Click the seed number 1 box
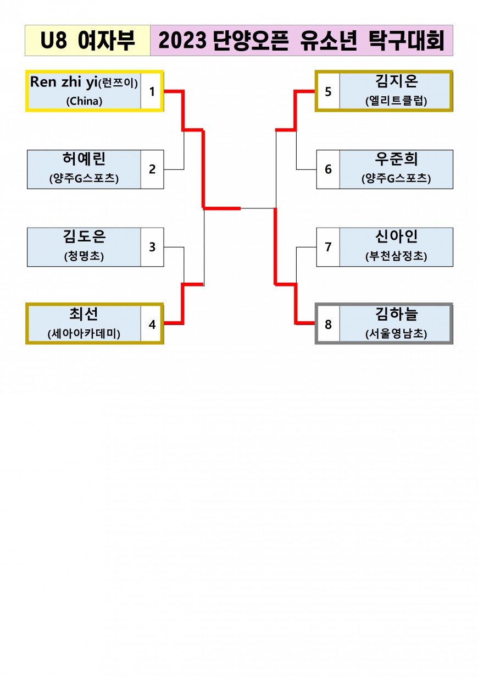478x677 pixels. [x=152, y=91]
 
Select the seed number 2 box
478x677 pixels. [x=152, y=169]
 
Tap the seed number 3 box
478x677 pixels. [x=152, y=247]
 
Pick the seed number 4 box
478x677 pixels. [x=152, y=324]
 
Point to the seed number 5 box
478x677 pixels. [x=328, y=91]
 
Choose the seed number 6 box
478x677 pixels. [x=328, y=169]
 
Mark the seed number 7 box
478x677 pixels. [x=328, y=247]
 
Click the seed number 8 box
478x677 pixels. [x=328, y=324]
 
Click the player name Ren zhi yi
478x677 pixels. [x=63, y=82]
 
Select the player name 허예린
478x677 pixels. [x=84, y=159]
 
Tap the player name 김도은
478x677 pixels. [x=84, y=237]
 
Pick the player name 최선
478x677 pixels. [x=84, y=315]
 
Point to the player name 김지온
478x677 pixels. [x=396, y=82]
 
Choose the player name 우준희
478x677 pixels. [x=396, y=159]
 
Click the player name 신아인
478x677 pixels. [x=396, y=237]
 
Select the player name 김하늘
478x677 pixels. [x=396, y=315]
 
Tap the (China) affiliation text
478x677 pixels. [x=84, y=101]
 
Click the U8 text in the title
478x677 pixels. [x=57, y=41]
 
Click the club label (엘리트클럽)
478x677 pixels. [x=396, y=101]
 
